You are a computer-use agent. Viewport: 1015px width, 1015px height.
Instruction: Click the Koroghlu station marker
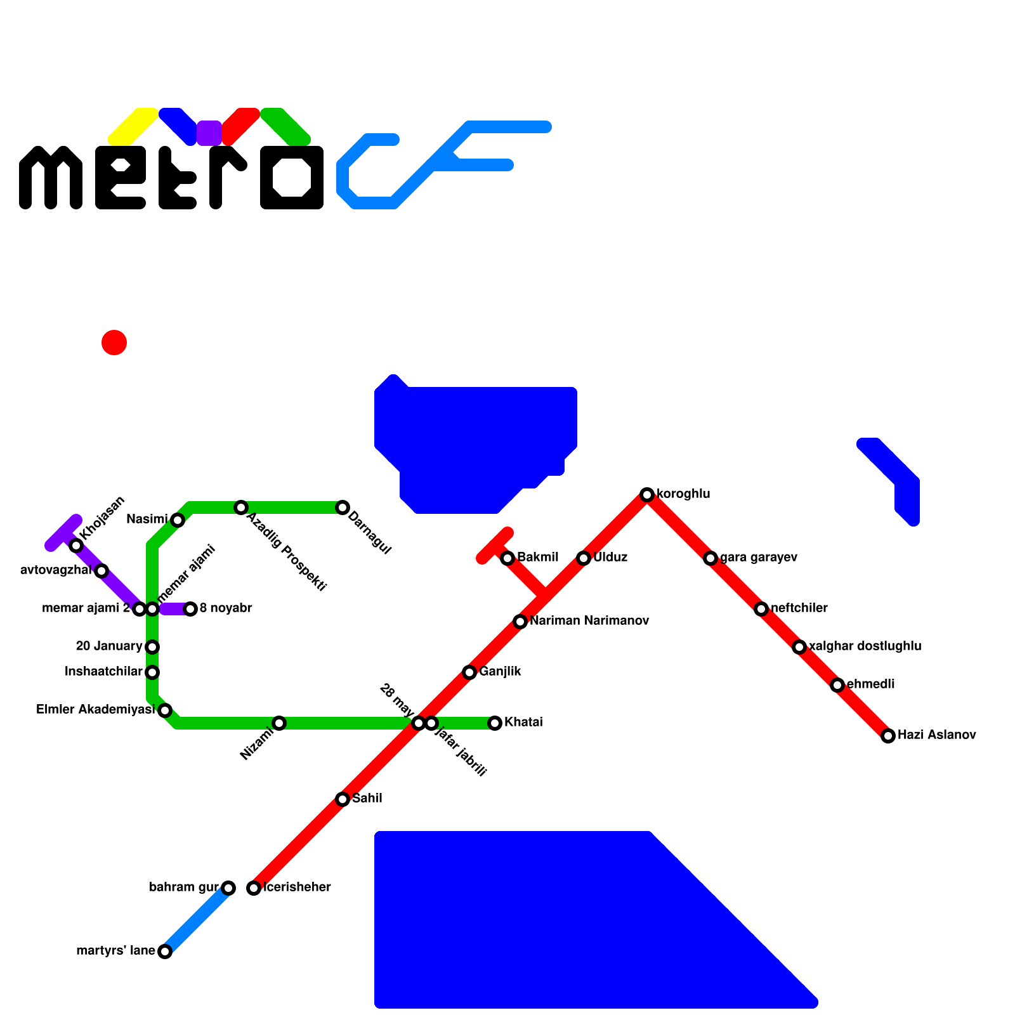tap(646, 495)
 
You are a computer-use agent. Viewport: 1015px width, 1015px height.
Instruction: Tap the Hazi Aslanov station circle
tap(887, 736)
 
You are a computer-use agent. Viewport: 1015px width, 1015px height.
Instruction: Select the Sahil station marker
tap(343, 799)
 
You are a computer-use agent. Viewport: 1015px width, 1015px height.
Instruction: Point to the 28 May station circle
tap(418, 723)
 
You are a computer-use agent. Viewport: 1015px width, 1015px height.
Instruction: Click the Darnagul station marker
tap(343, 507)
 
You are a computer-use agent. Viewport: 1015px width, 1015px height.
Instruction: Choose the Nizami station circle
tap(279, 723)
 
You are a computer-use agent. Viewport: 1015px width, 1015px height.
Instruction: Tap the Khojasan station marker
tap(76, 546)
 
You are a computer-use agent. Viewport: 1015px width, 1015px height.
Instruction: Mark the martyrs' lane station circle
tap(165, 952)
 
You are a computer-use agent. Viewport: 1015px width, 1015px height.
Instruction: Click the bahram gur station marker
tap(228, 888)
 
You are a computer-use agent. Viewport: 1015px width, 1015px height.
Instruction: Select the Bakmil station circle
tap(507, 558)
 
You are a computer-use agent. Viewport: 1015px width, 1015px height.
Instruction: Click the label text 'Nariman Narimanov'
tap(589, 621)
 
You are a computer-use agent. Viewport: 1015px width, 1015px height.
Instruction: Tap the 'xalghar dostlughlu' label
tap(865, 646)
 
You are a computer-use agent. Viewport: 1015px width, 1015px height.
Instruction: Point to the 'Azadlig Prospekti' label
tap(287, 552)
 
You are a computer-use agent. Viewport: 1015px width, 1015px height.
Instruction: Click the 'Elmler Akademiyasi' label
tap(95, 710)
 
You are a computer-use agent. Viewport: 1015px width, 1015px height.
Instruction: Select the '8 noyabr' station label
tap(226, 608)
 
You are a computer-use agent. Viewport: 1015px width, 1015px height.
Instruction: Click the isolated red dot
tap(114, 343)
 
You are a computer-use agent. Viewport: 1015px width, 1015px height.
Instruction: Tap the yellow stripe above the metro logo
tap(133, 126)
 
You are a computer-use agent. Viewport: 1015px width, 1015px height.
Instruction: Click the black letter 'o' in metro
tap(292, 178)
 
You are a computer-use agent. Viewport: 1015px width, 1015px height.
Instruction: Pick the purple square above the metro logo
tap(209, 133)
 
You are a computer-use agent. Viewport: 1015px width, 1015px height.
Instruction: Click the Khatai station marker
tap(495, 723)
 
